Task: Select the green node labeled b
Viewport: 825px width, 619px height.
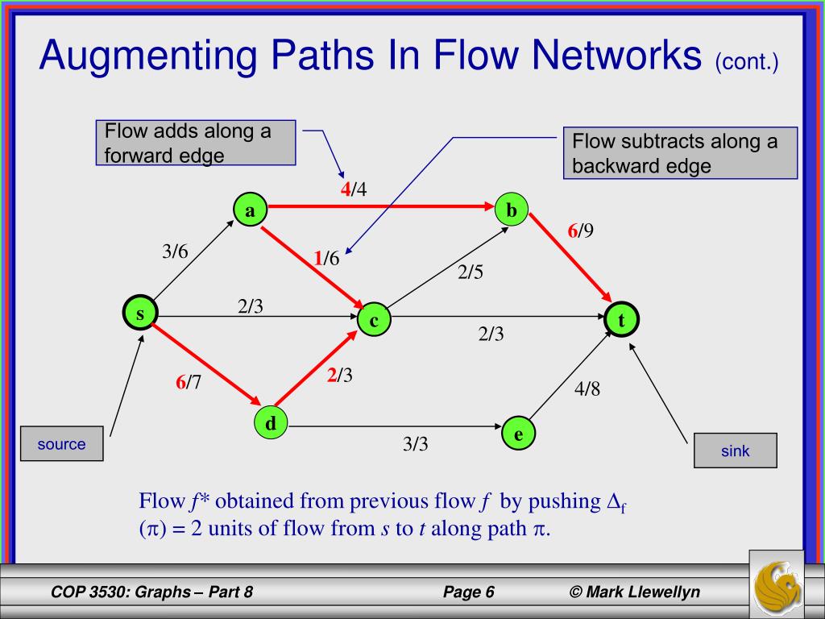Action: (x=511, y=210)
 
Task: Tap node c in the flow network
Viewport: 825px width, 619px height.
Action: (x=375, y=320)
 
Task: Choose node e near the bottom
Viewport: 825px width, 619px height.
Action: (x=518, y=434)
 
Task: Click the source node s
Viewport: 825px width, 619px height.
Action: (x=140, y=314)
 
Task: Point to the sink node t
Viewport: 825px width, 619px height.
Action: (x=621, y=320)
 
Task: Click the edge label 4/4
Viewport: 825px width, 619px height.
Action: (x=353, y=190)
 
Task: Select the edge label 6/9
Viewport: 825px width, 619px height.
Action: (x=580, y=231)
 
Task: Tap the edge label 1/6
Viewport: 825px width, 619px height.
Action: (x=327, y=258)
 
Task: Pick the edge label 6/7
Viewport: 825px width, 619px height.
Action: (x=189, y=383)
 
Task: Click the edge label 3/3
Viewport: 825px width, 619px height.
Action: (x=415, y=444)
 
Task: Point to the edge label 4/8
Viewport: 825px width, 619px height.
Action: (x=587, y=389)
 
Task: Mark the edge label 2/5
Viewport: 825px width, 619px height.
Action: (x=471, y=272)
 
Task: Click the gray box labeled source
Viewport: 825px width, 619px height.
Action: (x=62, y=443)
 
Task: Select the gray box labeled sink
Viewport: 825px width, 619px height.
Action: (x=735, y=451)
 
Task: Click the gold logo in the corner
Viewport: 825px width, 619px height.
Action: (x=776, y=583)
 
